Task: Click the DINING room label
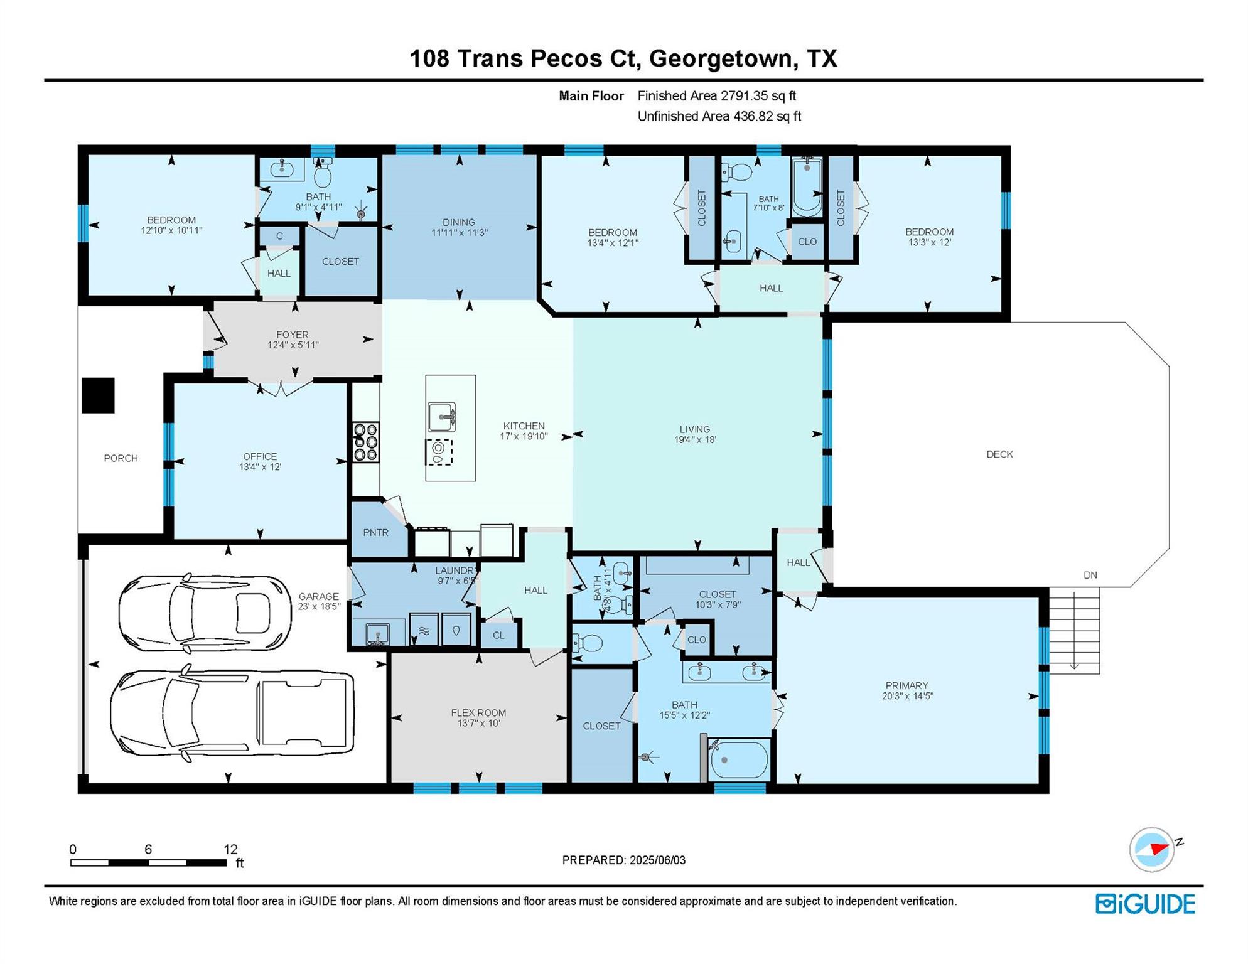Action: coord(459,222)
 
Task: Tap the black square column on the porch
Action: coord(98,395)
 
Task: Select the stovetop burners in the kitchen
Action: coord(365,442)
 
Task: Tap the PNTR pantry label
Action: coord(375,533)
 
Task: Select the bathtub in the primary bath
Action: coord(738,760)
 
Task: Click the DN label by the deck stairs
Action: coord(1090,575)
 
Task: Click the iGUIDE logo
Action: coord(1146,904)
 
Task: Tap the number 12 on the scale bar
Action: coord(230,849)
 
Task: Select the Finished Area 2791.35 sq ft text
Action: coord(716,96)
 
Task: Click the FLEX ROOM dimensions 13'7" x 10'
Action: coord(479,723)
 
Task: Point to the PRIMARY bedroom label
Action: coord(906,685)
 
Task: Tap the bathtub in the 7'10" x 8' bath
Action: coord(807,186)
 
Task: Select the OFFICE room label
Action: coord(260,456)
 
